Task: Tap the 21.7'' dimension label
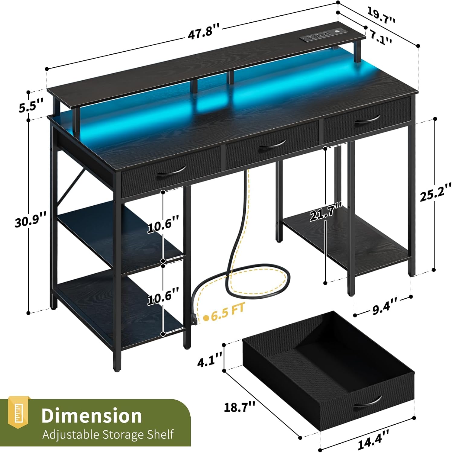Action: point(326,212)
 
